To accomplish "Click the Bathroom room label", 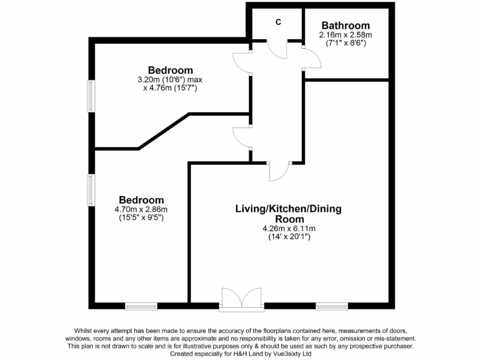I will coord(345,26).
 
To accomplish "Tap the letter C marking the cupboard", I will coord(278,22).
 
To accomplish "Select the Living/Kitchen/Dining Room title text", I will coord(288,214).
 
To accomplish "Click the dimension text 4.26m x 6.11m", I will coord(288,229).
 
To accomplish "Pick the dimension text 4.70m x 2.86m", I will coord(141,209).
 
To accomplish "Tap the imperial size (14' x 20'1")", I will coord(288,237).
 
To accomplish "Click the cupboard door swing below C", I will coord(277,50).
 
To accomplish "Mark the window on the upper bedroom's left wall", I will coord(91,96).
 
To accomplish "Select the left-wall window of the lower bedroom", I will coord(91,189).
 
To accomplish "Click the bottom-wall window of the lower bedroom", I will coord(141,307).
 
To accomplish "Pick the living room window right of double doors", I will coord(332,307).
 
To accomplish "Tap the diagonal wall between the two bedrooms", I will coord(164,131).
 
